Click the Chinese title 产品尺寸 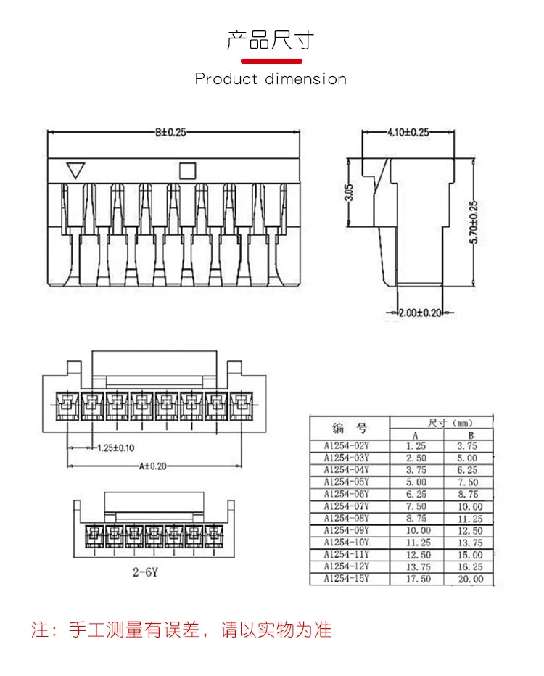[271, 40]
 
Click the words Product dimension [271, 78]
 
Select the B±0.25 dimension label [171, 132]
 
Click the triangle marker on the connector [75, 171]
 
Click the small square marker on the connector [187, 170]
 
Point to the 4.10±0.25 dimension [408, 132]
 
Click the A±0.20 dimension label [149, 466]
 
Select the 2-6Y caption [144, 572]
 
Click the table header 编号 [350, 427]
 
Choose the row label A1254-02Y [346, 446]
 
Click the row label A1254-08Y [346, 518]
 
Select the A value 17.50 [416, 579]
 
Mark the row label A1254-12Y [346, 566]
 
